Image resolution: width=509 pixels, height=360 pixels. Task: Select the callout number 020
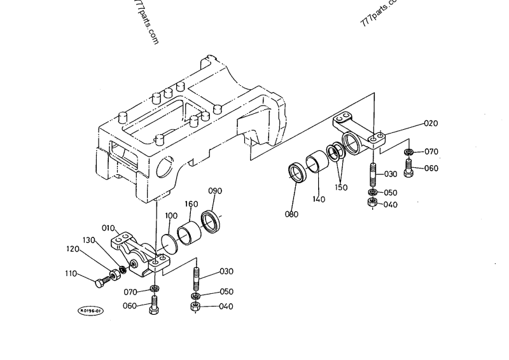pos(430,123)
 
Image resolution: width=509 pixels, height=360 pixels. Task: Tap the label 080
pos(291,214)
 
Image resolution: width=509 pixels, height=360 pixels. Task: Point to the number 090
pos(215,191)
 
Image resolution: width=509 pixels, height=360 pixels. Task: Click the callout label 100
pos(171,216)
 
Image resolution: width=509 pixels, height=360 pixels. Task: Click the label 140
pos(319,199)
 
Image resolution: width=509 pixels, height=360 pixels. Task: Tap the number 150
pos(342,188)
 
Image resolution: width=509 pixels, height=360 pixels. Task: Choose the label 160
pos(191,204)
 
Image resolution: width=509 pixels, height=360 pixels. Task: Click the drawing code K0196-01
pos(91,310)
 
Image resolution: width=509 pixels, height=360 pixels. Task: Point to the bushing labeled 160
pos(189,232)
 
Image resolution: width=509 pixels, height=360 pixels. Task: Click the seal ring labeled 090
pos(211,221)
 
